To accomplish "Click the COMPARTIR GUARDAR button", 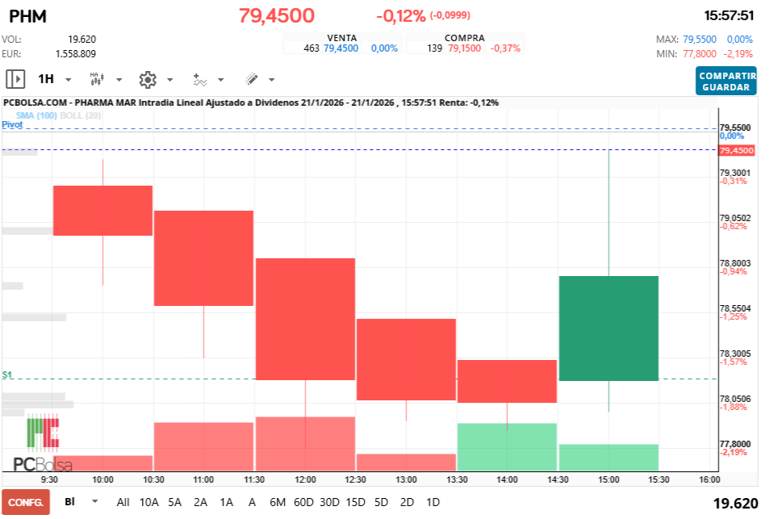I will pyautogui.click(x=726, y=81).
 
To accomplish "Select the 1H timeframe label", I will pyautogui.click(x=46, y=79).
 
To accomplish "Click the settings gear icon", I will pyautogui.click(x=147, y=79).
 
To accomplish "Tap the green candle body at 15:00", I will pyautogui.click(x=608, y=328).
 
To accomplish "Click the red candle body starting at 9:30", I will pyautogui.click(x=102, y=210).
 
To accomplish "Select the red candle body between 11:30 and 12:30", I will pyautogui.click(x=305, y=318).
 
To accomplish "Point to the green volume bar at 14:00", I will pyautogui.click(x=507, y=446).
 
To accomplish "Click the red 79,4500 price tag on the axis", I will pyautogui.click(x=736, y=151).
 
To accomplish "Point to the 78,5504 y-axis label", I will pyautogui.click(x=735, y=308).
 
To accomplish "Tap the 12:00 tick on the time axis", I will pyautogui.click(x=305, y=479).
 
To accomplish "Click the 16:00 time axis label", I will pyautogui.click(x=709, y=479).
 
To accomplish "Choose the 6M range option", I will pyautogui.click(x=278, y=502).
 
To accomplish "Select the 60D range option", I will pyautogui.click(x=303, y=502).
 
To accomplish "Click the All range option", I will pyautogui.click(x=123, y=502).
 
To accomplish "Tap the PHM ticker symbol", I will pyautogui.click(x=27, y=15).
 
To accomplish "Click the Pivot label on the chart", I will pyautogui.click(x=12, y=125).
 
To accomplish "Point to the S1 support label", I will pyautogui.click(x=7, y=375).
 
